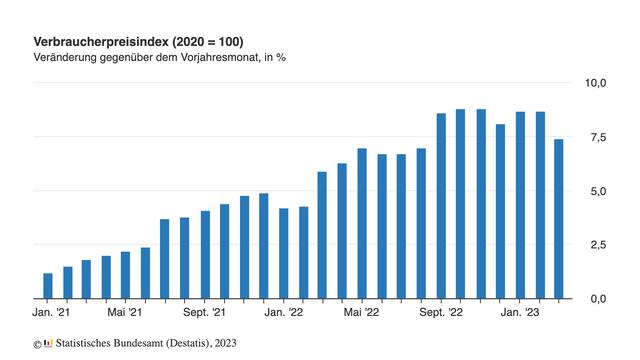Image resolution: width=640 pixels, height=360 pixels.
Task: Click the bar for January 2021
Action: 48,286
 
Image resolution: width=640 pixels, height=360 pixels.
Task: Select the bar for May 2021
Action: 126,275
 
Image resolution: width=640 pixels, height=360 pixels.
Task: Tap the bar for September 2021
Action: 205,255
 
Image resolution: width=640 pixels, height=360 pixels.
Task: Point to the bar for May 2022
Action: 362,224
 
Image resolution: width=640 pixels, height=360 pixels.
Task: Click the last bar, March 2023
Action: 559,219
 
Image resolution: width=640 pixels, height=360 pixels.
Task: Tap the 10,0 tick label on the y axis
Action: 595,83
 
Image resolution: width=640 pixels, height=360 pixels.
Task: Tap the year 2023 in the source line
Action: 225,343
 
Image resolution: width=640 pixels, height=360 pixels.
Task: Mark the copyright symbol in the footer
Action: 37,343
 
